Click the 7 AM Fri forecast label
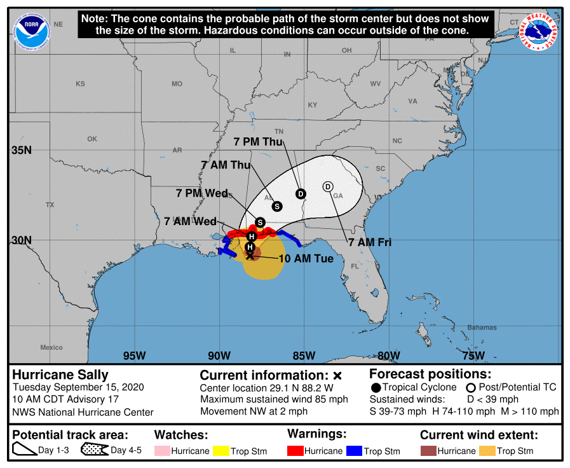click(369, 242)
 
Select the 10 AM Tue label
click(306, 259)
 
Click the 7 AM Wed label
click(191, 221)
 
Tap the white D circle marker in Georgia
click(328, 186)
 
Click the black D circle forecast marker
click(301, 193)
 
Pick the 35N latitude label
click(22, 150)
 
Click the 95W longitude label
click(134, 355)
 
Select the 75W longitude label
click(474, 355)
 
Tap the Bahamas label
click(483, 327)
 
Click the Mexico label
click(51, 347)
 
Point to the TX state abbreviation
click(50, 205)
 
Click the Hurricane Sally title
click(60, 375)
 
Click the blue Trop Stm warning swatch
click(353, 451)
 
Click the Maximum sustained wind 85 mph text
click(274, 399)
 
